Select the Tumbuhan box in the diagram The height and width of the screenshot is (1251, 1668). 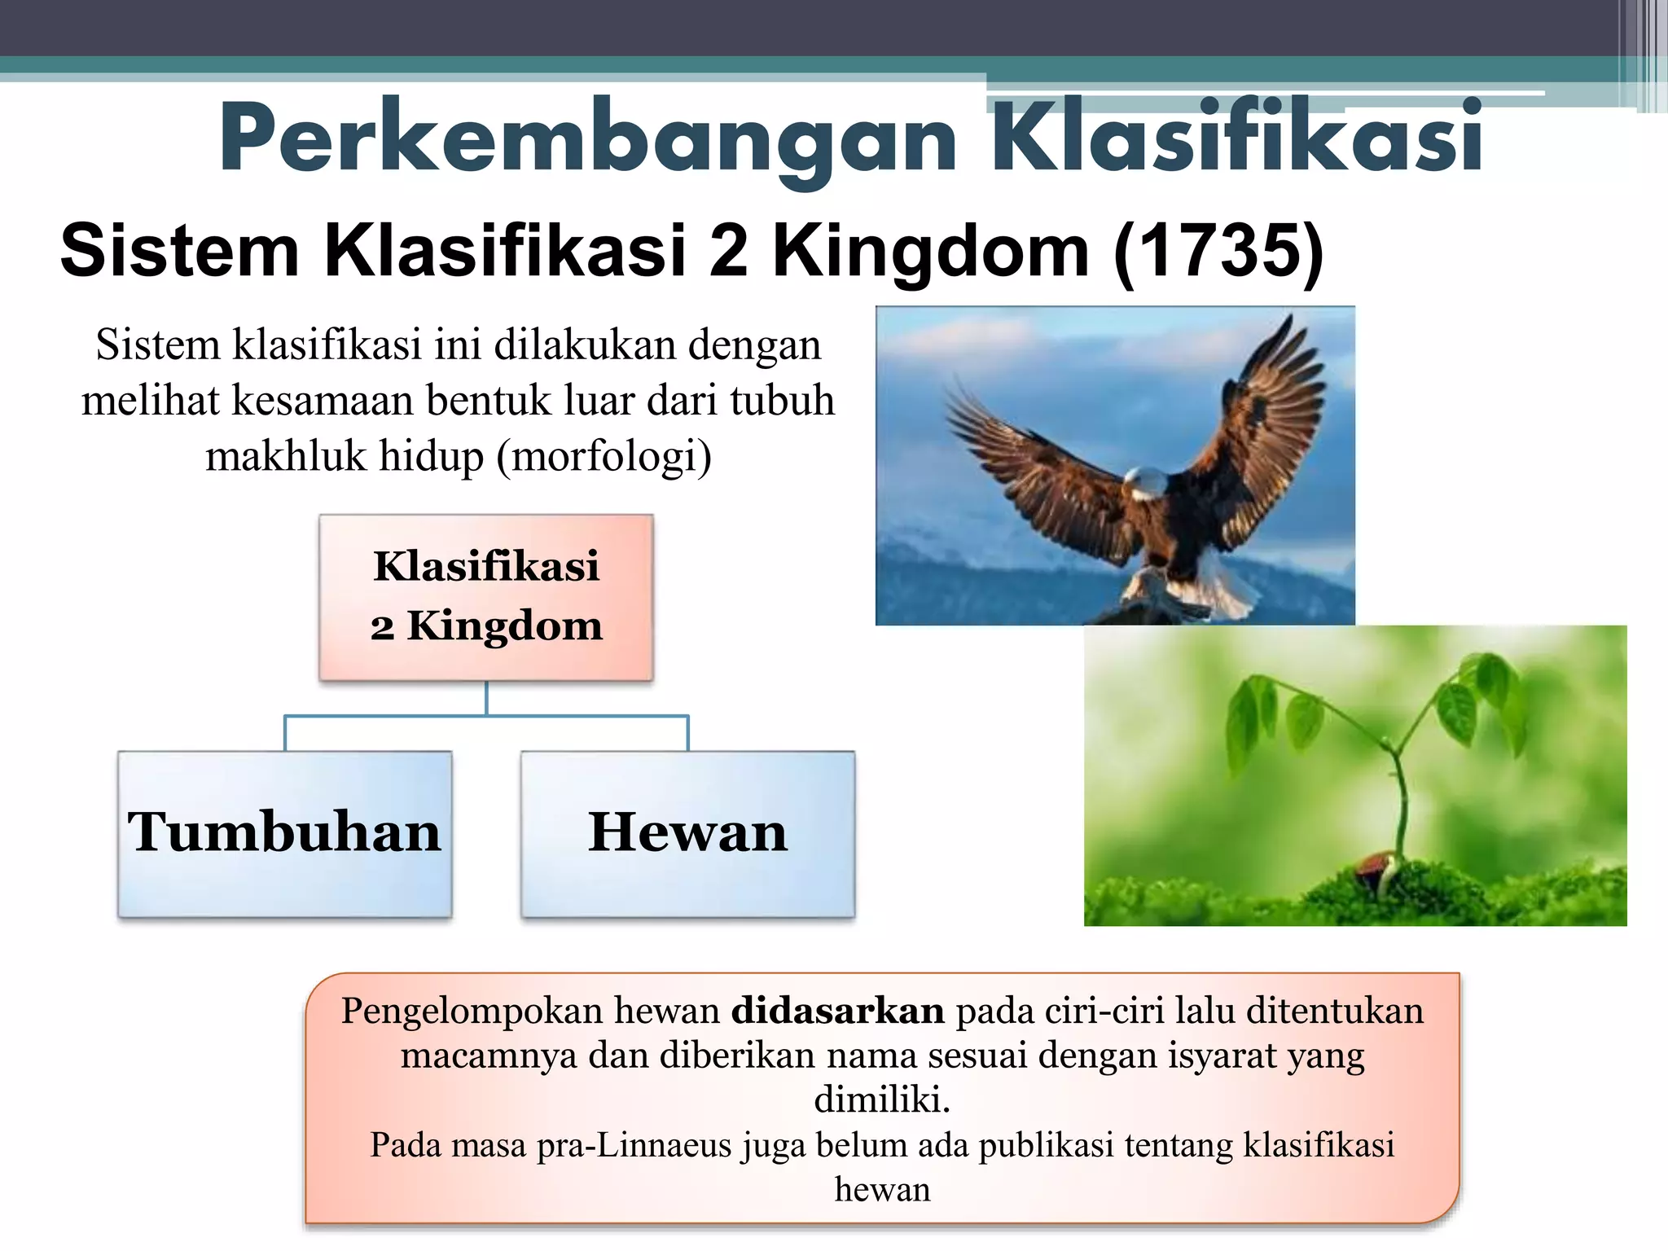pyautogui.click(x=284, y=834)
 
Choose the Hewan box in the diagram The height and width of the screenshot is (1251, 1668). pyautogui.click(x=688, y=834)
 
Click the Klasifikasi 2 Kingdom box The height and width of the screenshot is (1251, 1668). pyautogui.click(x=486, y=597)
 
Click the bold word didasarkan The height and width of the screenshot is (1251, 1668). pyautogui.click(x=837, y=1011)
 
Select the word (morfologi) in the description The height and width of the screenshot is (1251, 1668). pyautogui.click(x=604, y=456)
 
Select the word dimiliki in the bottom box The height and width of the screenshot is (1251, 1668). pyautogui.click(x=881, y=1100)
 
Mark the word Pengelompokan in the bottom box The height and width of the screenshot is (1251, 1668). pyautogui.click(x=472, y=1011)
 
